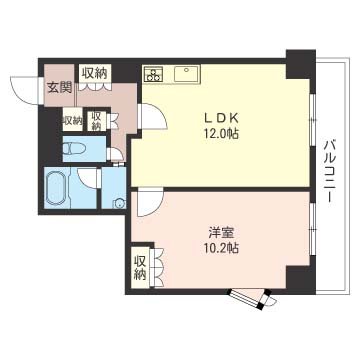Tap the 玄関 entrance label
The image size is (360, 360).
tap(57, 87)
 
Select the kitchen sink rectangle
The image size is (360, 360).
tap(187, 73)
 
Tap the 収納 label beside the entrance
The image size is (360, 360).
tap(95, 73)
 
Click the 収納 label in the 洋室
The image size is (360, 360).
tap(140, 267)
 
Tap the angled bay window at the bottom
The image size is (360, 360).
tap(250, 297)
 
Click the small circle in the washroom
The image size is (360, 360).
tap(119, 203)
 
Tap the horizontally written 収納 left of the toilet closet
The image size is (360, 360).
tap(72, 121)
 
